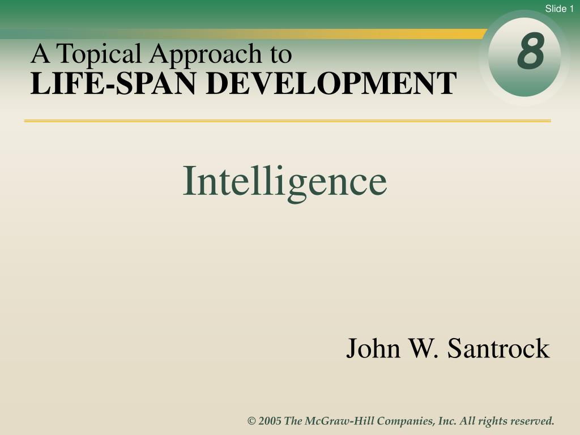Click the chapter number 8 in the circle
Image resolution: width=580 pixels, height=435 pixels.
point(531,51)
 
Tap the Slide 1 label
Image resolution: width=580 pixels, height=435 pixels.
point(559,8)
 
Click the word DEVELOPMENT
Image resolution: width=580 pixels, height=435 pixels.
point(331,84)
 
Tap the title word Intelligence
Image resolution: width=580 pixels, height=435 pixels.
point(285,182)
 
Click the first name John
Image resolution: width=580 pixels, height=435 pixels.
point(373,348)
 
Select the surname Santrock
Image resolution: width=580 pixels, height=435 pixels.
point(498,348)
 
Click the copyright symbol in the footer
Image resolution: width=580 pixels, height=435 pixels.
point(251,421)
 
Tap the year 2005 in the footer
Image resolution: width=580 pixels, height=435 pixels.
point(270,421)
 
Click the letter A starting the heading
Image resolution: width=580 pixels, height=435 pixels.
point(40,54)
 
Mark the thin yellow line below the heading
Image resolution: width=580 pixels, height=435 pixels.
point(287,121)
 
